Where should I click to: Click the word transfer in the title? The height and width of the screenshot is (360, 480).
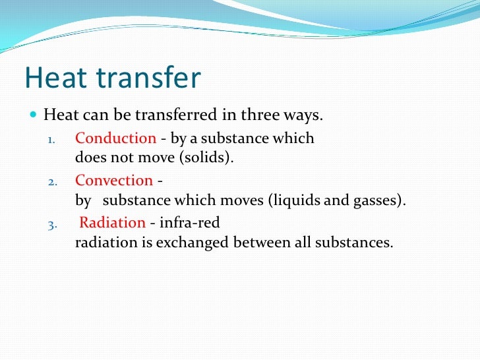pyautogui.click(x=148, y=79)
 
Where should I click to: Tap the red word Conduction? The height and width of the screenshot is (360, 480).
pyautogui.click(x=115, y=138)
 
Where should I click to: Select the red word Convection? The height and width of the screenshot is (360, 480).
pyautogui.click(x=114, y=181)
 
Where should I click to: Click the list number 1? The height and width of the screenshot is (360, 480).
pyautogui.click(x=53, y=140)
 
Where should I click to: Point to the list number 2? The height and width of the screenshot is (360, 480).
pyautogui.click(x=53, y=182)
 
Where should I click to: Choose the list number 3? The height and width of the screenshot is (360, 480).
pyautogui.click(x=53, y=224)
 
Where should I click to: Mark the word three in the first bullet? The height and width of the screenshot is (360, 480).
pyautogui.click(x=261, y=116)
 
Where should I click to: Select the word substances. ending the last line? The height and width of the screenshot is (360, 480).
pyautogui.click(x=357, y=243)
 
